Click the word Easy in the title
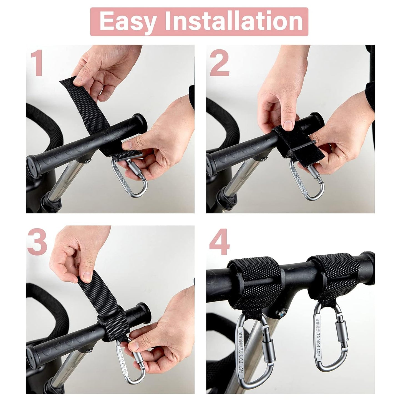pos(127,21)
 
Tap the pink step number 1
pos(37,64)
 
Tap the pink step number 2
pos(219,64)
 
